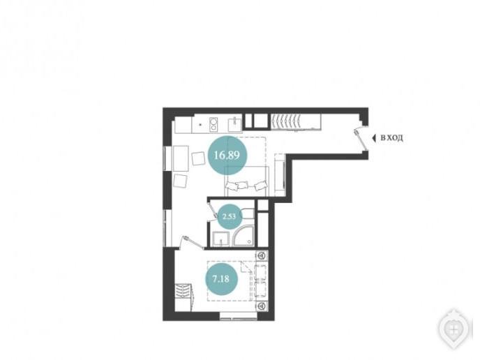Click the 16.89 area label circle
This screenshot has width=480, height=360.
(x=227, y=155)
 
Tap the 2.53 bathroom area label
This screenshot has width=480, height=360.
(x=230, y=216)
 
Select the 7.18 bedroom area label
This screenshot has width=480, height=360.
(x=221, y=279)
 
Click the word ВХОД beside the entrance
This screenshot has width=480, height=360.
(x=391, y=138)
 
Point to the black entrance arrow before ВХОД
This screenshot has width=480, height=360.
(x=373, y=138)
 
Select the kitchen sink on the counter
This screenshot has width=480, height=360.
(x=235, y=123)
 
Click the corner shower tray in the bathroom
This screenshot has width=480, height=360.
(x=243, y=236)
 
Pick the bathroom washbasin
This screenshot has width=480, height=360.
(x=220, y=239)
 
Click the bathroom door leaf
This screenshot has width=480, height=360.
(x=213, y=209)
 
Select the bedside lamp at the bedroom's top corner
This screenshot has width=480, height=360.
(x=262, y=255)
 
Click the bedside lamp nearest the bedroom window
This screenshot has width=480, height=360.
(x=262, y=306)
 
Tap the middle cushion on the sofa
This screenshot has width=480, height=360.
(x=243, y=185)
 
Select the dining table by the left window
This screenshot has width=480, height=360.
(x=181, y=158)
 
